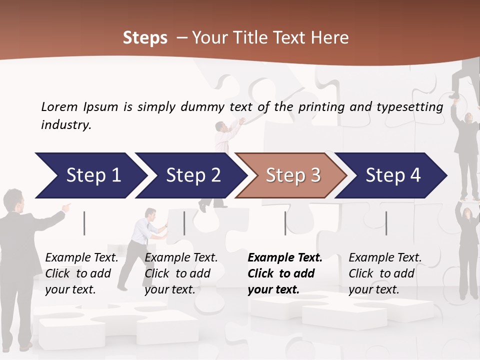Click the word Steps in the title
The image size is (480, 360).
145,37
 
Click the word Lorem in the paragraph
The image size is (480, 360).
59,106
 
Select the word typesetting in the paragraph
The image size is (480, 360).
409,106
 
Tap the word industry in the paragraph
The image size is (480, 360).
65,124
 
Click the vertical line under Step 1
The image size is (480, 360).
84,223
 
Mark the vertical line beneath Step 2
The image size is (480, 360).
184,223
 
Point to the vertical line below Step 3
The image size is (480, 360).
285,223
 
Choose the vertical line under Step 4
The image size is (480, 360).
386,223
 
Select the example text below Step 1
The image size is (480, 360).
81,273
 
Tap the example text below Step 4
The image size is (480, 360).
385,273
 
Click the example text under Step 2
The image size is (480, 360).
181,273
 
